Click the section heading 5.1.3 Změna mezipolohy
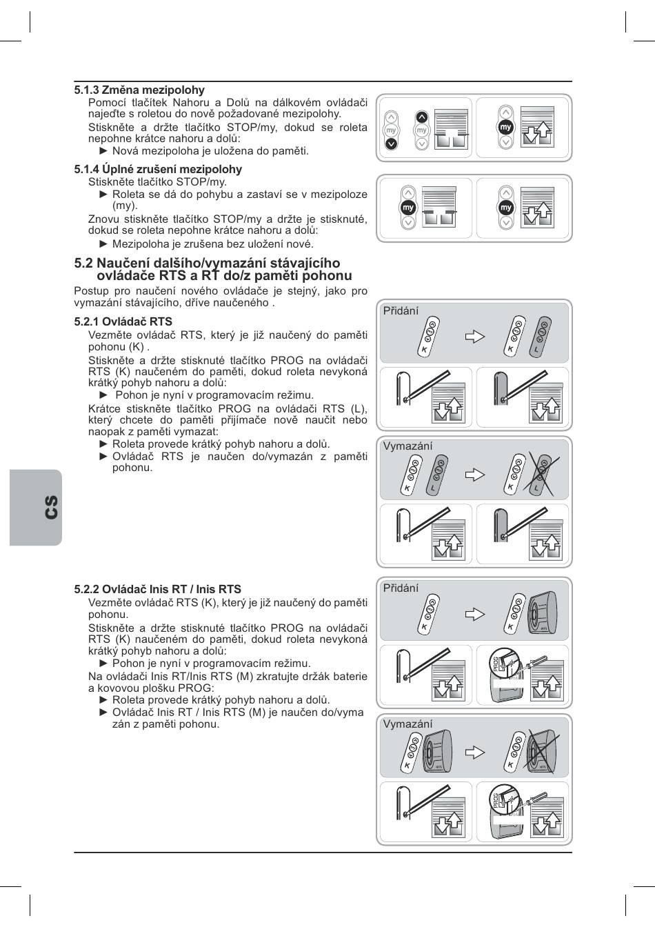[x=139, y=90]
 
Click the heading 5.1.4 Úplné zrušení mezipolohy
[x=158, y=169]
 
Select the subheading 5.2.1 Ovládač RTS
[x=123, y=321]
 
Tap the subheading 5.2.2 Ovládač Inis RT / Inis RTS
[x=158, y=589]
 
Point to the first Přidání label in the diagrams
[x=401, y=311]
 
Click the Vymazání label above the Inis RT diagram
[x=407, y=724]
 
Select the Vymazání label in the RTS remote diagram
[x=407, y=446]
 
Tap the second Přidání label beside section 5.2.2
[x=401, y=588]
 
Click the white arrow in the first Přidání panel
[x=475, y=337]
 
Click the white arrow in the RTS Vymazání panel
[x=475, y=475]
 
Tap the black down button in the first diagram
[x=391, y=143]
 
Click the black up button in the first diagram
[x=422, y=117]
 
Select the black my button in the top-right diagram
[x=506, y=128]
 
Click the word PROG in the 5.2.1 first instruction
[x=287, y=360]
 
